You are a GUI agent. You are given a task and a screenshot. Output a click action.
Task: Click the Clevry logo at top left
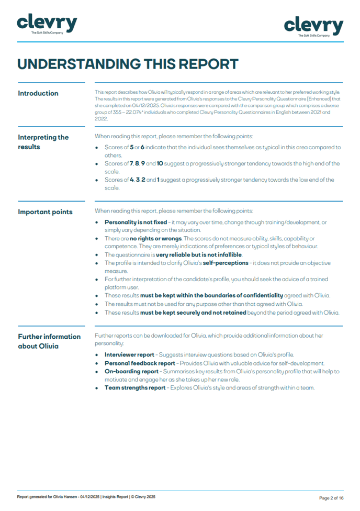click(x=47, y=24)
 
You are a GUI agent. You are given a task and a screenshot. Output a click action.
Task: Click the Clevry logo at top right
click(x=313, y=26)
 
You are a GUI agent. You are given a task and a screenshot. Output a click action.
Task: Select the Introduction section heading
click(x=38, y=93)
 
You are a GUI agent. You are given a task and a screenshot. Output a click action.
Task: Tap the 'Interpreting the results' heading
click(x=43, y=142)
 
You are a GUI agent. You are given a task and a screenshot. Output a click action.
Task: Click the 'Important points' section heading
click(x=46, y=212)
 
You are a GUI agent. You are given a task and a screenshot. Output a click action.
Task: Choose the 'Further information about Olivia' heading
click(x=49, y=341)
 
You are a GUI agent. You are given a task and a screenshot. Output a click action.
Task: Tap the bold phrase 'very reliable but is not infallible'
click(x=199, y=255)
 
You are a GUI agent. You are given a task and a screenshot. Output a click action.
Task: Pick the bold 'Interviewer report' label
click(x=130, y=354)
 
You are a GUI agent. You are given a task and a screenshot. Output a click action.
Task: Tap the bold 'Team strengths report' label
click(x=133, y=388)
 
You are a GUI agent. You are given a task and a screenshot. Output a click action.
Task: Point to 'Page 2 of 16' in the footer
click(x=331, y=497)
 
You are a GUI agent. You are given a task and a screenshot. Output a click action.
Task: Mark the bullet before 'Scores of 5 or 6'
click(x=98, y=148)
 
